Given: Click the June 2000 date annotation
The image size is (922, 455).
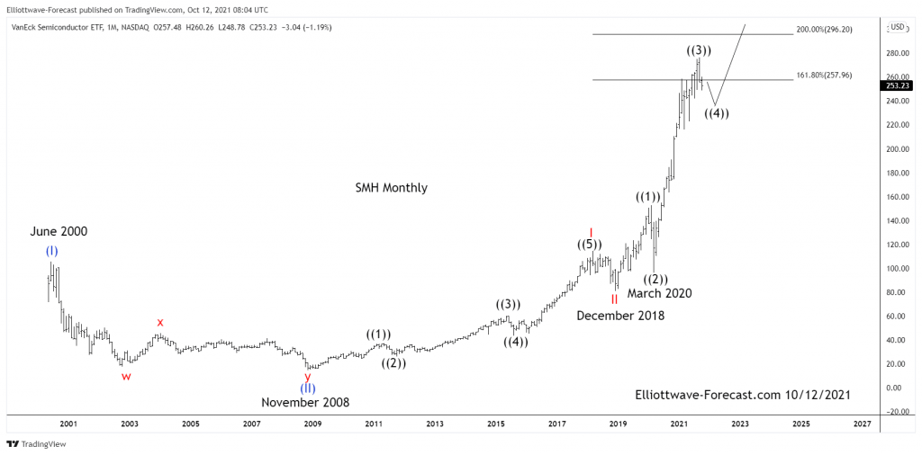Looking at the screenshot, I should (x=59, y=232).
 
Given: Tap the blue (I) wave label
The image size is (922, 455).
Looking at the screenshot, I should (x=51, y=252).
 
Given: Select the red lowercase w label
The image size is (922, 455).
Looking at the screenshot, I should (x=126, y=377).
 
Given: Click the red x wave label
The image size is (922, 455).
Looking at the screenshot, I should (x=160, y=322).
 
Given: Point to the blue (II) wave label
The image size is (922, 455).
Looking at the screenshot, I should (x=308, y=388).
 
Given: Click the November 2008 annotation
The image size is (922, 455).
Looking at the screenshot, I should (x=305, y=403).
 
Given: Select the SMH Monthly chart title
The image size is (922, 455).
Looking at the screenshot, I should (x=392, y=188).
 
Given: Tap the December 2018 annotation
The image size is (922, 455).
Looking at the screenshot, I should (x=620, y=316).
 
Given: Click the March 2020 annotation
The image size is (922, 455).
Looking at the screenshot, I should (x=659, y=293).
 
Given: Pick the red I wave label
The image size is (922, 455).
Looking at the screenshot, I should (x=591, y=232).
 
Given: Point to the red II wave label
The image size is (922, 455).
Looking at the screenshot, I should (x=614, y=299).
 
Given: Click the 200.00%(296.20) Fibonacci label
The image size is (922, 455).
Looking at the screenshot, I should (x=830, y=30).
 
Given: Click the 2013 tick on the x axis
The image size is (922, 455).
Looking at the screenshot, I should (x=435, y=424).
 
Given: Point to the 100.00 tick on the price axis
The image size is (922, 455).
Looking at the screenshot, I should (x=894, y=269).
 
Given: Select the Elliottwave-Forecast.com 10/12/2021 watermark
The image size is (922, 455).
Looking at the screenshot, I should (x=742, y=395).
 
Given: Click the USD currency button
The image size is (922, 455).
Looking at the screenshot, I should (x=898, y=27).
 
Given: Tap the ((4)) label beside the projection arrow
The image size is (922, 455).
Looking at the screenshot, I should (x=716, y=113).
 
